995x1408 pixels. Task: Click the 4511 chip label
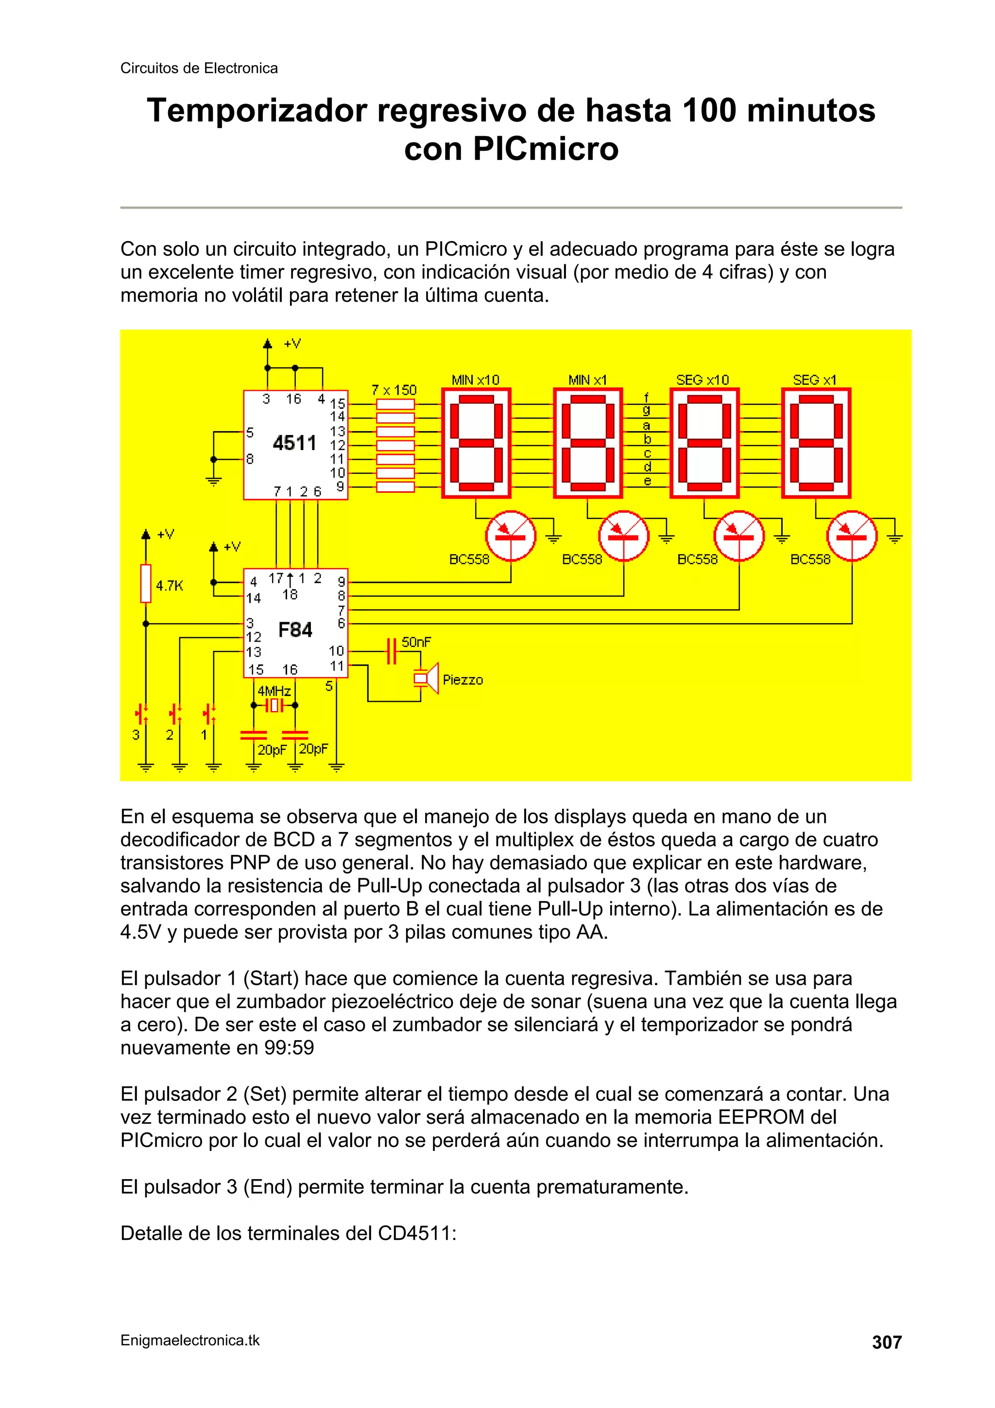[294, 443]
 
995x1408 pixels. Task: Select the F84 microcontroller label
[295, 630]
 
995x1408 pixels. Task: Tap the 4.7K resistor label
[169, 586]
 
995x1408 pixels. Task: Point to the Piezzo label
[463, 680]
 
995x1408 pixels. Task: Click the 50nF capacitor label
[416, 642]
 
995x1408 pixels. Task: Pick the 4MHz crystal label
[274, 692]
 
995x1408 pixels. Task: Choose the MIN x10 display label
[475, 380]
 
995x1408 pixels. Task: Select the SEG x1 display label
[814, 380]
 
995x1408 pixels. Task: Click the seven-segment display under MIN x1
[588, 443]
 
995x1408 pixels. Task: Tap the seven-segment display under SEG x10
[704, 443]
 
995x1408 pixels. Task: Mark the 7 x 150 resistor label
[394, 390]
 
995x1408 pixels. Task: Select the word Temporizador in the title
[257, 111]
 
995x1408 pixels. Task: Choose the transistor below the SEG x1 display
[852, 536]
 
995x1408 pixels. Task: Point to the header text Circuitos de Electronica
[199, 68]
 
